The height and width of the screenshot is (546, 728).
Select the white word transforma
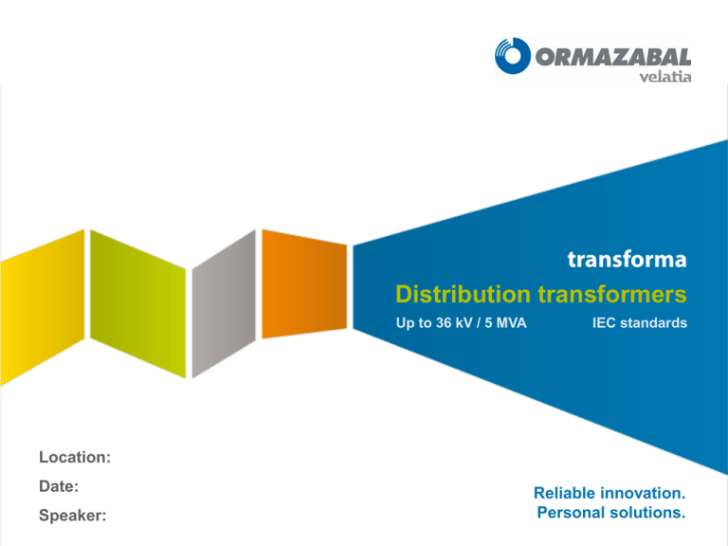tap(627, 259)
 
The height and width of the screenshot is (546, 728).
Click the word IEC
tap(604, 324)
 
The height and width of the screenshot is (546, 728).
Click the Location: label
tap(75, 457)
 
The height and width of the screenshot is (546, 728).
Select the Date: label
tap(58, 485)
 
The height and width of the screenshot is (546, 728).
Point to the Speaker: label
tap(72, 517)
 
